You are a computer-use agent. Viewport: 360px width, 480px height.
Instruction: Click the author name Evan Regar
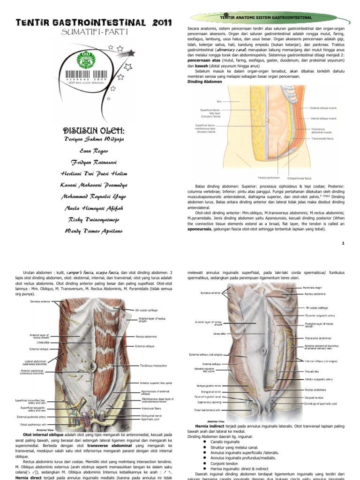click(94, 151)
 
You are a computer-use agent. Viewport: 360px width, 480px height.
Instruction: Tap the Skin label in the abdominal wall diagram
click(218, 101)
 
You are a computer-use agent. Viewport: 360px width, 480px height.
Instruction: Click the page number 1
click(343, 243)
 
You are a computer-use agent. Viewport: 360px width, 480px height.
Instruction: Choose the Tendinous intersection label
click(150, 366)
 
